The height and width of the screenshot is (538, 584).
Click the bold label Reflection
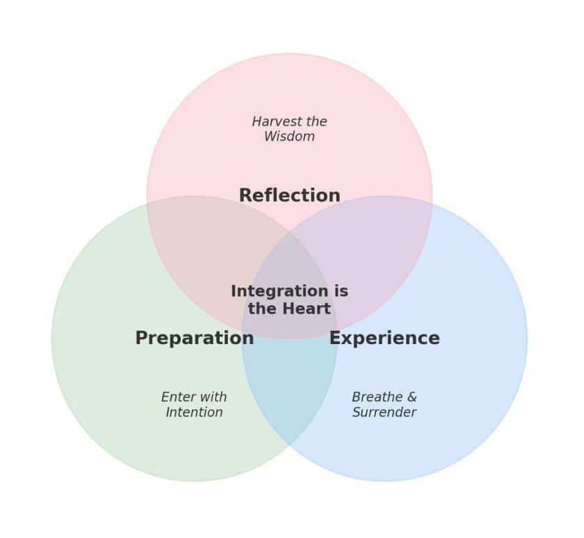(289, 196)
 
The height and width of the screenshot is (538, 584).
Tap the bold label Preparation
(194, 339)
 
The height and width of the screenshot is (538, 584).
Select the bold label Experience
(384, 339)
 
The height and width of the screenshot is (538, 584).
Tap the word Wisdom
(289, 137)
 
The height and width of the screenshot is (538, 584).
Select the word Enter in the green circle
(177, 397)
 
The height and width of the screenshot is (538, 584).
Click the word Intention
(194, 412)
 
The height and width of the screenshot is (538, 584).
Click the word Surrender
(384, 412)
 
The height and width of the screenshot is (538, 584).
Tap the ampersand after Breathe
(412, 397)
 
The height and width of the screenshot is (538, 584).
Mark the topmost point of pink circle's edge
(289, 54)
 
